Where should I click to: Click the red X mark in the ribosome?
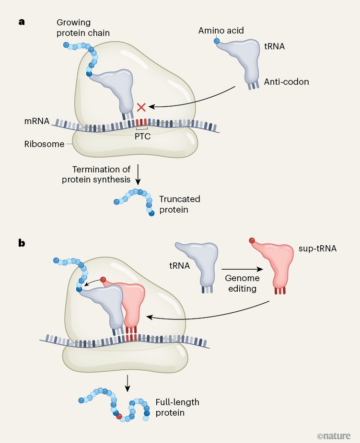141,107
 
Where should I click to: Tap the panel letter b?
22,243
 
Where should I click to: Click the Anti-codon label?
286,82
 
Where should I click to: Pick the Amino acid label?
221,31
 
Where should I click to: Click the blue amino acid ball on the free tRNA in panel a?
217,42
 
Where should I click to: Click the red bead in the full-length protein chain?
119,416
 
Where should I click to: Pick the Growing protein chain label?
81,28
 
